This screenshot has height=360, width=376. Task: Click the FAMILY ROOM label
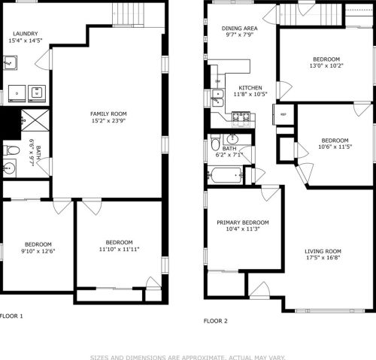(108, 113)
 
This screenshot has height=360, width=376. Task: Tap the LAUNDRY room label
(26, 34)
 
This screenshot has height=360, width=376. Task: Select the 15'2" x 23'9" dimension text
(108, 121)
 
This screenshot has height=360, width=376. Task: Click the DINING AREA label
(240, 29)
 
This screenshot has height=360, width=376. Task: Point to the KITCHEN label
(250, 88)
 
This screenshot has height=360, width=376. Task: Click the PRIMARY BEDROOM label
(243, 222)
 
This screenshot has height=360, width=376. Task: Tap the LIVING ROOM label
(323, 251)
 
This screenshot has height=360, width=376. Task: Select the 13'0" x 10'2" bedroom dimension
(326, 66)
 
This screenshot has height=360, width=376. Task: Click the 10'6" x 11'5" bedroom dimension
(335, 147)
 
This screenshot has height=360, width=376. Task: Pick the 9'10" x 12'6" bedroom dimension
(38, 251)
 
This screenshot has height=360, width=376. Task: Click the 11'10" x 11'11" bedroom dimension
(119, 250)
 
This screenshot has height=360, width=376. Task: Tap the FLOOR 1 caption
(11, 316)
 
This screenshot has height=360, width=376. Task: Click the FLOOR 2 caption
(216, 321)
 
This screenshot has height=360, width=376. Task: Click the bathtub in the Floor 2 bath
(226, 175)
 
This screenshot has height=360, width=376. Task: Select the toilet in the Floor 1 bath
(11, 150)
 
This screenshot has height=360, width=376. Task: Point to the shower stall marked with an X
(35, 120)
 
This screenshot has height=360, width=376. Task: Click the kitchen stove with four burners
(241, 117)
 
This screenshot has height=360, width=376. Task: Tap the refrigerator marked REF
(284, 114)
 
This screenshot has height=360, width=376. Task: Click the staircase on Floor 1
(129, 14)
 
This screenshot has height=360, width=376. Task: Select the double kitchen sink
(217, 98)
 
